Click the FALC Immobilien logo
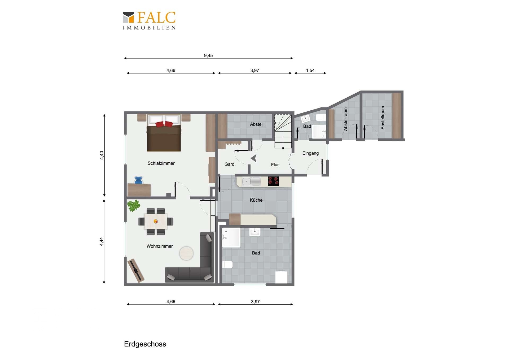pyautogui.click(x=149, y=20)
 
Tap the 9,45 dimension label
pyautogui.click(x=208, y=55)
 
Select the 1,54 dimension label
pyautogui.click(x=310, y=70)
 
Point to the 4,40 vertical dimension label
pyautogui.click(x=102, y=155)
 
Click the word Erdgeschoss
pyautogui.click(x=145, y=344)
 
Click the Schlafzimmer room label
pyautogui.click(x=161, y=163)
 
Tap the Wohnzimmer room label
pyautogui.click(x=160, y=246)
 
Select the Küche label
pyautogui.click(x=256, y=200)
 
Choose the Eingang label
pyautogui.click(x=310, y=153)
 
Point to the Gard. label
pyautogui.click(x=230, y=164)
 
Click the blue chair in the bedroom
pyautogui.click(x=138, y=180)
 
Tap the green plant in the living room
pyautogui.click(x=134, y=206)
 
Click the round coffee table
pyautogui.click(x=186, y=253)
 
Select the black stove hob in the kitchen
pyautogui.click(x=273, y=181)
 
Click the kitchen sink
pyautogui.click(x=251, y=181)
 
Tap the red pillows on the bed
pyautogui.click(x=164, y=124)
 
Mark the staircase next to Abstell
pyautogui.click(x=283, y=131)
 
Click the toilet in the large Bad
pyautogui.click(x=227, y=264)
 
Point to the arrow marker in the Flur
pyautogui.click(x=254, y=158)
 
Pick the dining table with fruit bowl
pyautogui.click(x=156, y=221)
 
